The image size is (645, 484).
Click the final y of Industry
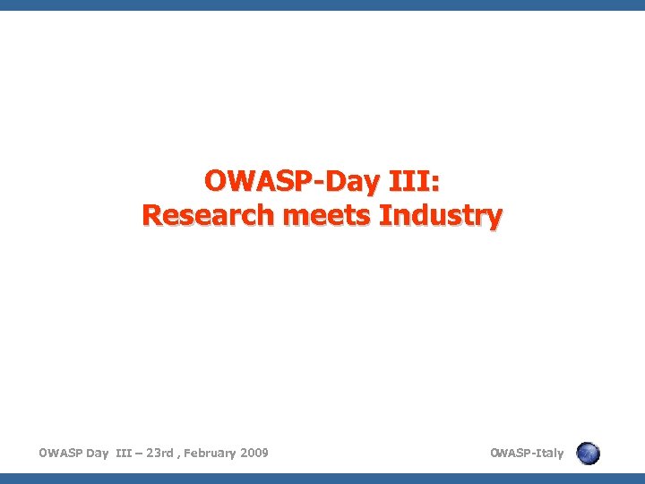coord(495,219)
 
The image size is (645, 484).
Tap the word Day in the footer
coord(97,453)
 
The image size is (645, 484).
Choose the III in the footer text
coord(125,453)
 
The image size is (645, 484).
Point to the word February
coord(211,453)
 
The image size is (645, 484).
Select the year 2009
coord(254,453)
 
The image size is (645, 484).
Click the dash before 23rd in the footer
coord(141,454)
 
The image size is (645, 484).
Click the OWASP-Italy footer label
coord(527,453)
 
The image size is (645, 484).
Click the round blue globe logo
coord(588,454)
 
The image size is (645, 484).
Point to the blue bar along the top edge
coord(322,4)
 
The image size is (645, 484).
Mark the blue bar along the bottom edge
coord(322,479)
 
